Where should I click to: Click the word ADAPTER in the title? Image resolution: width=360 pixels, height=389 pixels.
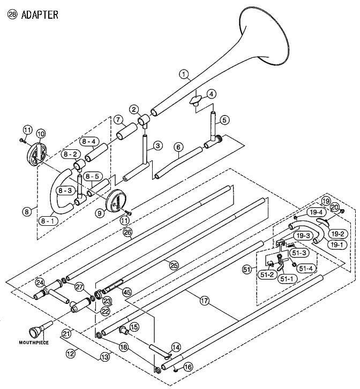tap(39, 14)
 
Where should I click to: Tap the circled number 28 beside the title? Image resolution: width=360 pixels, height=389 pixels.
tap(12, 14)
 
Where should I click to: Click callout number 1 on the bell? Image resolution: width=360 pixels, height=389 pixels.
tap(184, 75)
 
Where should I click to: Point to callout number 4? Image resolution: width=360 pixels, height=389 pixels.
tap(212, 94)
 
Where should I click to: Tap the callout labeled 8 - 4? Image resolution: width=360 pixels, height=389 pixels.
tap(88, 142)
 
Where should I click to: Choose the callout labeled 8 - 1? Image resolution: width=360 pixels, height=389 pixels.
tap(46, 220)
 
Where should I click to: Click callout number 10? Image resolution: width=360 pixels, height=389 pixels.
tap(41, 133)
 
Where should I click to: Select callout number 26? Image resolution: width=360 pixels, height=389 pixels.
tap(127, 232)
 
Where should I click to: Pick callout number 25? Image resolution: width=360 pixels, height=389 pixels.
tap(173, 265)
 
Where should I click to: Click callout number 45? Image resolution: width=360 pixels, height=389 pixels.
tap(127, 292)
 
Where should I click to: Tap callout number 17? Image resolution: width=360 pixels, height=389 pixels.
tap(204, 301)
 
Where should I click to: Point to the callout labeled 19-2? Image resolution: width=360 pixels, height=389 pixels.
tap(337, 234)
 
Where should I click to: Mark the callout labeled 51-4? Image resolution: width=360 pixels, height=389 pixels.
tap(306, 268)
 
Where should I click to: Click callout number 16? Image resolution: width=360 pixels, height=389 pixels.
tap(187, 367)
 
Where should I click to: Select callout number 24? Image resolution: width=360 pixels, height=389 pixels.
tap(40, 282)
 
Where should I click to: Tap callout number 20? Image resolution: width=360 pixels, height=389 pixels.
tap(335, 207)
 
